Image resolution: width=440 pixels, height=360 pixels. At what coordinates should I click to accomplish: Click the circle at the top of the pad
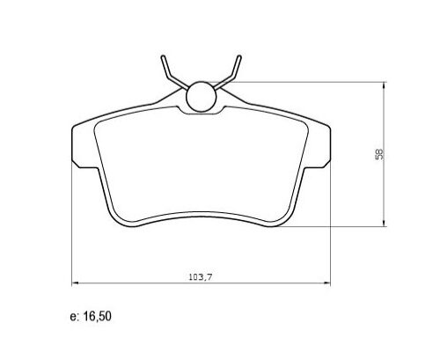point(202,96)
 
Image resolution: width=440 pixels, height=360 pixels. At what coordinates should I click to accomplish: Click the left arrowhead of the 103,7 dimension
point(74,282)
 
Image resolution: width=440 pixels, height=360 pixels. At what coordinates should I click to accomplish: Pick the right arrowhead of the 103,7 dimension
point(330,282)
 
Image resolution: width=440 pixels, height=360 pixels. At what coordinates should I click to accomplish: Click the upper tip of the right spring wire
point(238,58)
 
